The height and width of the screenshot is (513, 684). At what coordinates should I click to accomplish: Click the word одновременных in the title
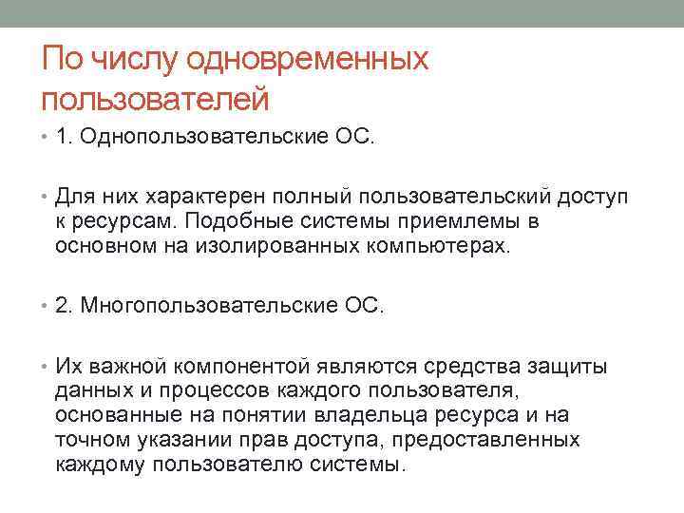click(308, 61)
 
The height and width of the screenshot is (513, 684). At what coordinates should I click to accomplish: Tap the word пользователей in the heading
click(156, 98)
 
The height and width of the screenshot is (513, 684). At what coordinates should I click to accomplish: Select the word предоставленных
click(499, 441)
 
